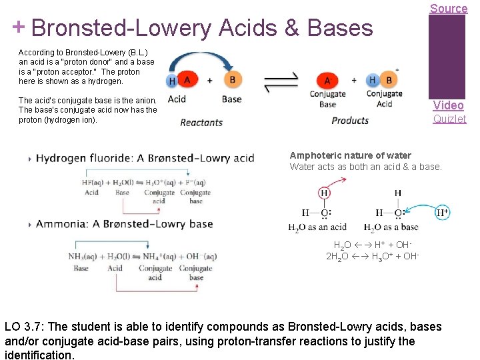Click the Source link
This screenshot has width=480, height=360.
(448, 9)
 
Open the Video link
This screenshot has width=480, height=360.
(448, 105)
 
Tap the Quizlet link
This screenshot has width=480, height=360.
(449, 119)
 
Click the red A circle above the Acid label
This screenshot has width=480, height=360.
(187, 79)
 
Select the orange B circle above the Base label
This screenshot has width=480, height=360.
(232, 79)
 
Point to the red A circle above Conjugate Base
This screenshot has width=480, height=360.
(327, 80)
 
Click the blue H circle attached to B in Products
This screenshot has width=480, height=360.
(371, 80)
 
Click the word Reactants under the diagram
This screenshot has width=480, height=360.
(201, 122)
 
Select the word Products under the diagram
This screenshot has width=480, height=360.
(350, 121)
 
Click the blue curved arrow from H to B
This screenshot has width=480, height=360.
(201, 58)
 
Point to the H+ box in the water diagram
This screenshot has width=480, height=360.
(441, 213)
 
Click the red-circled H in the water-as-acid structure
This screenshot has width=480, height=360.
(324, 193)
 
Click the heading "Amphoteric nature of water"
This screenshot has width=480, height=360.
(350, 155)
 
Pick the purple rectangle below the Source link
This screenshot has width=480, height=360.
(447, 57)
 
